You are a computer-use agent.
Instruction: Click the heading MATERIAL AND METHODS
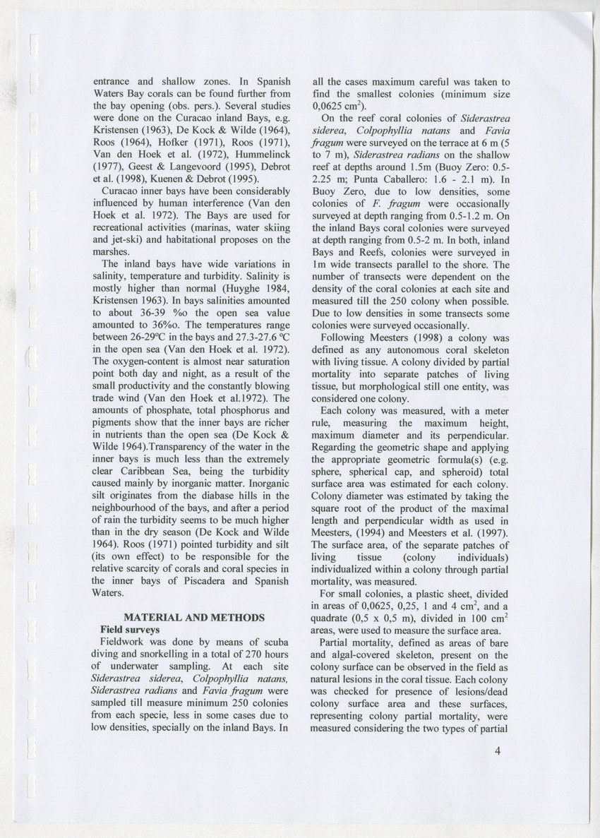click(194, 617)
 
